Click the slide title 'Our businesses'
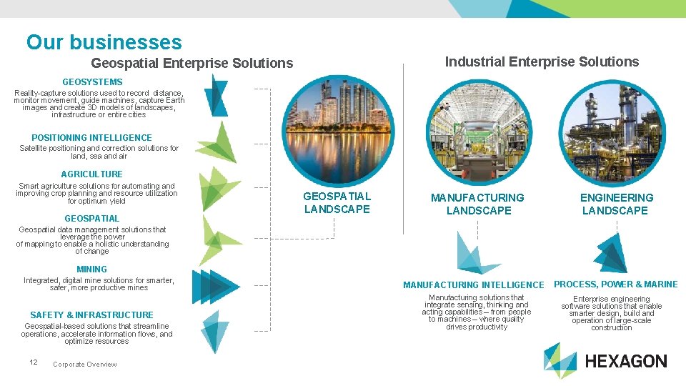point(104,43)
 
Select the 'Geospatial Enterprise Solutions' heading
point(192,64)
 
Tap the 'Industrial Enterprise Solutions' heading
point(542,62)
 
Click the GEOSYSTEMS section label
point(92,82)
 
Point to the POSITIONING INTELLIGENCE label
point(91,138)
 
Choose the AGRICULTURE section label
point(91,174)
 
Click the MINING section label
point(91,269)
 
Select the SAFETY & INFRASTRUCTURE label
point(91,315)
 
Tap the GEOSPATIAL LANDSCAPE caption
point(337,202)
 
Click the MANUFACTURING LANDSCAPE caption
point(477,204)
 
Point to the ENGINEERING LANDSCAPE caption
point(615,204)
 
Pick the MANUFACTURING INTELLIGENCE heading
point(473,285)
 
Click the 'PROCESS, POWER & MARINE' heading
point(615,284)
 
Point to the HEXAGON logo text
point(625,362)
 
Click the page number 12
point(34,362)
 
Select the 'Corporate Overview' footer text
point(85,365)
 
